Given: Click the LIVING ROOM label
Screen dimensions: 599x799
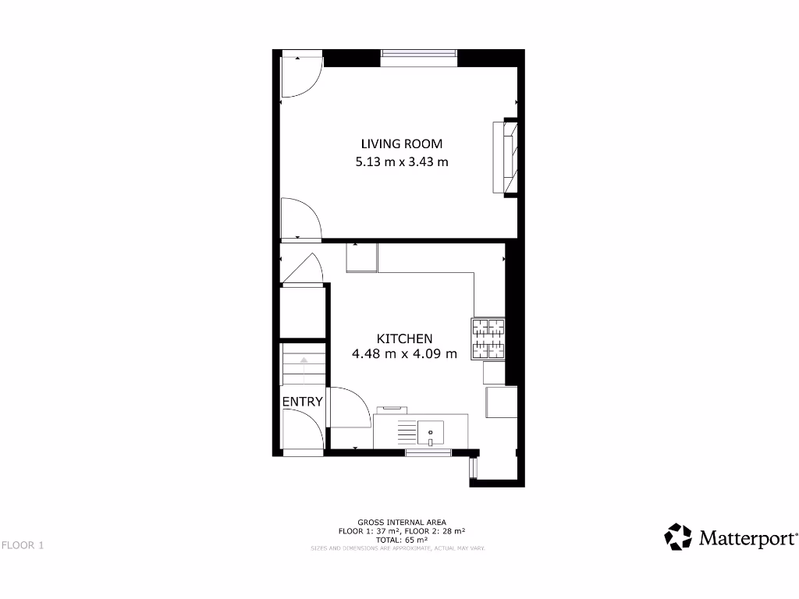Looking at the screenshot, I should pyautogui.click(x=401, y=144).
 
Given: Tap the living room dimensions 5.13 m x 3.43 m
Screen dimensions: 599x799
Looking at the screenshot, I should pyautogui.click(x=401, y=162).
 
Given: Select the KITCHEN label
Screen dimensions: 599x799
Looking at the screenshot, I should pyautogui.click(x=404, y=338).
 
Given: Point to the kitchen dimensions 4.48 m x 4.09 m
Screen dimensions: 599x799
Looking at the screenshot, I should pyautogui.click(x=404, y=354).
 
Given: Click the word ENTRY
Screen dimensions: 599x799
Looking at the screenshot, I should pyautogui.click(x=302, y=402).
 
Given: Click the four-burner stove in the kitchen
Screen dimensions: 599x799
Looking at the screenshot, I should pyautogui.click(x=488, y=339).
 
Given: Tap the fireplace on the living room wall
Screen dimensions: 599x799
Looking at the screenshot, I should pyautogui.click(x=504, y=157).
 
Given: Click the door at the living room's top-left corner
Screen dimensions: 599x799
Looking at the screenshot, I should pyautogui.click(x=300, y=76).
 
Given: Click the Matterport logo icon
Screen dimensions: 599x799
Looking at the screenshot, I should pyautogui.click(x=678, y=537).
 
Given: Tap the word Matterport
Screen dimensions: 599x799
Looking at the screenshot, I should pyautogui.click(x=748, y=538).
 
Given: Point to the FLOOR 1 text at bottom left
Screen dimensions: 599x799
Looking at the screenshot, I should pyautogui.click(x=22, y=545).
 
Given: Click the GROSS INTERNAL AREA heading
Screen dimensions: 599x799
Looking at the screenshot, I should pyautogui.click(x=401, y=522).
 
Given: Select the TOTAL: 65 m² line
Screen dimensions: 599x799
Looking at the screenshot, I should pyautogui.click(x=401, y=539).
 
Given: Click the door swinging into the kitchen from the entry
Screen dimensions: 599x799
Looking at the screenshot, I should pyautogui.click(x=348, y=407).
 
